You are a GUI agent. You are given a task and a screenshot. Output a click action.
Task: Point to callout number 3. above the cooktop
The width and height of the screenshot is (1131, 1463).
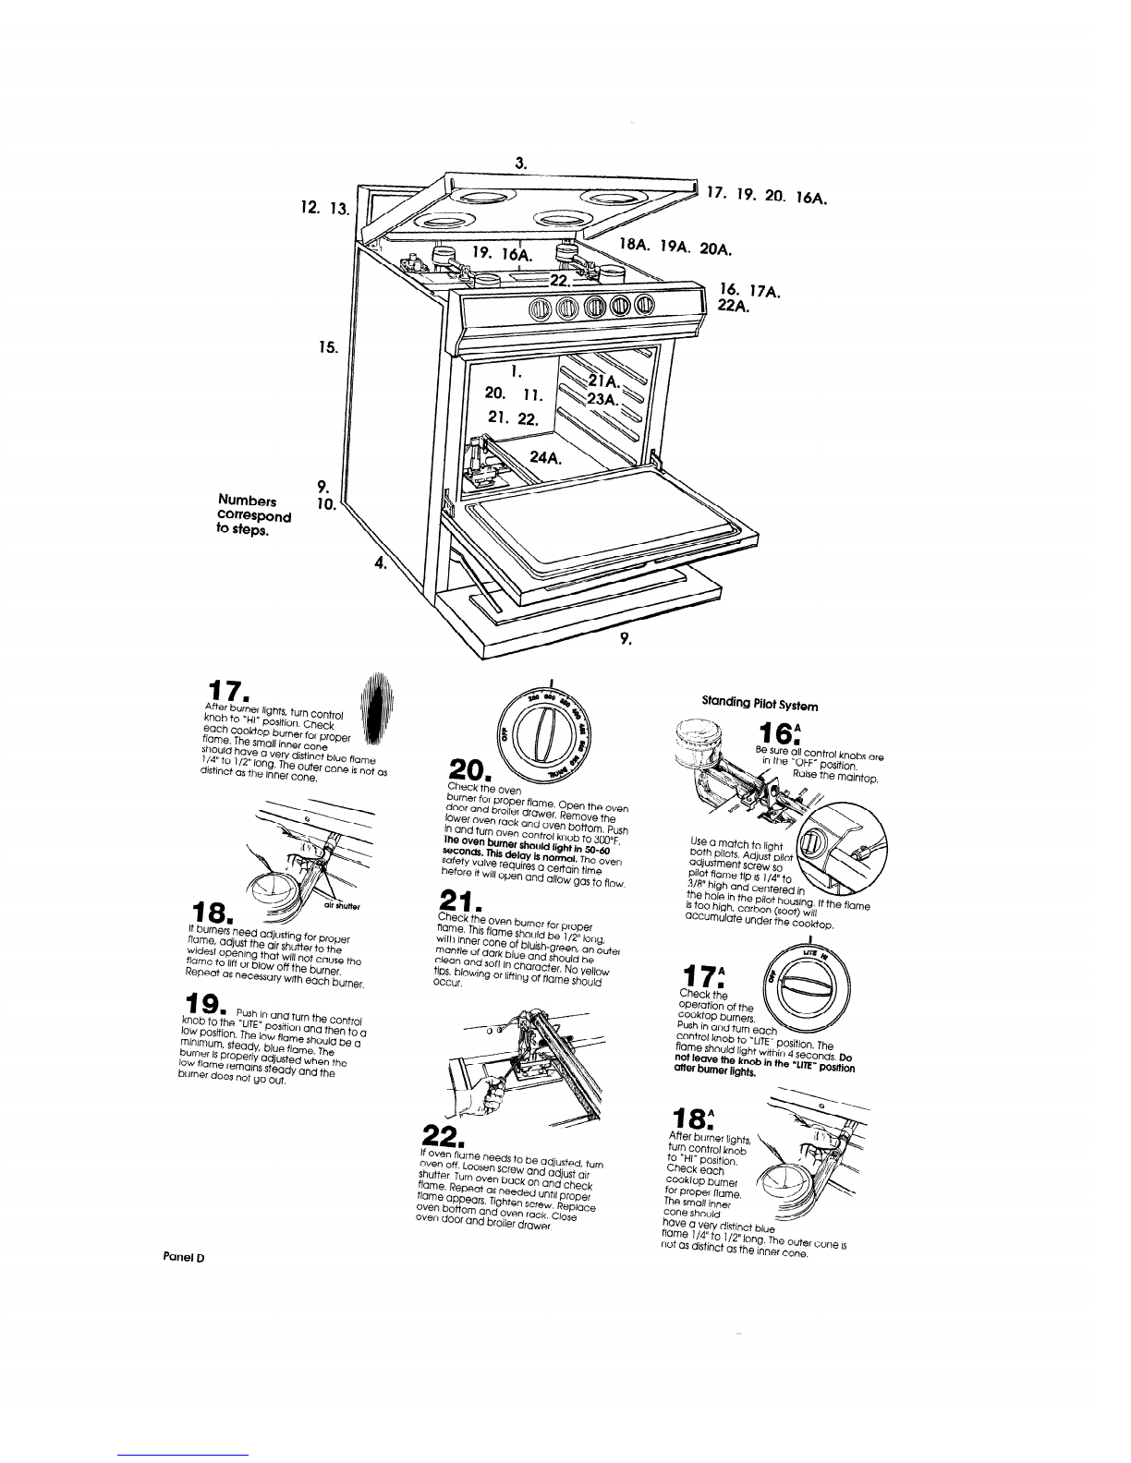(521, 163)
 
